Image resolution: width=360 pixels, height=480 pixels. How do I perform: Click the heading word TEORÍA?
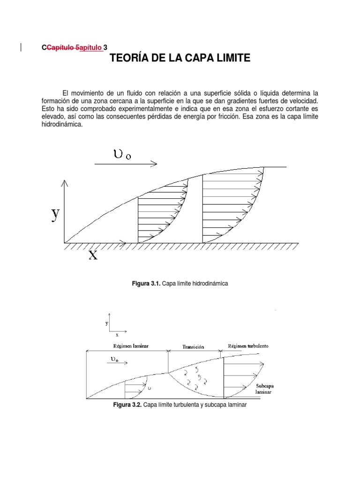point(129,59)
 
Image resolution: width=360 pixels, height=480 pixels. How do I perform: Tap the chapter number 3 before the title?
point(105,47)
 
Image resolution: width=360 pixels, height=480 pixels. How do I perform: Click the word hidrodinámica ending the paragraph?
point(62,125)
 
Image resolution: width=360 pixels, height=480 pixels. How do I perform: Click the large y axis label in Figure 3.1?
point(55,214)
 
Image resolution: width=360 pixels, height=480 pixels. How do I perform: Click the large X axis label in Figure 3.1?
point(93,255)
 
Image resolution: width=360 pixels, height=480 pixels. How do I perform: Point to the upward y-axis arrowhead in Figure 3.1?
point(65,182)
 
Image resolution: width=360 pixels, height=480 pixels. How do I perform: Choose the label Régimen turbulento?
point(248,346)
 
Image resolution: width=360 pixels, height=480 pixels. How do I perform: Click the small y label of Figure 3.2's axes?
point(107,323)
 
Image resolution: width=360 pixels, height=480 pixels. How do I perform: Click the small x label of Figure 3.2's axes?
point(117,335)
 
